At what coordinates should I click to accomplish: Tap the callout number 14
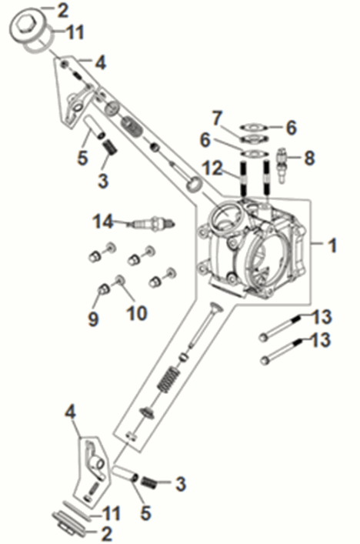pyautogui.click(x=103, y=222)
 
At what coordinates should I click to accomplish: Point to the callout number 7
pyautogui.click(x=218, y=117)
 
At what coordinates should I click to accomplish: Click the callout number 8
pyautogui.click(x=309, y=158)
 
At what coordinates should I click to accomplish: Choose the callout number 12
pyautogui.click(x=212, y=167)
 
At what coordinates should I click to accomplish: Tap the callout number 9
pyautogui.click(x=93, y=317)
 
